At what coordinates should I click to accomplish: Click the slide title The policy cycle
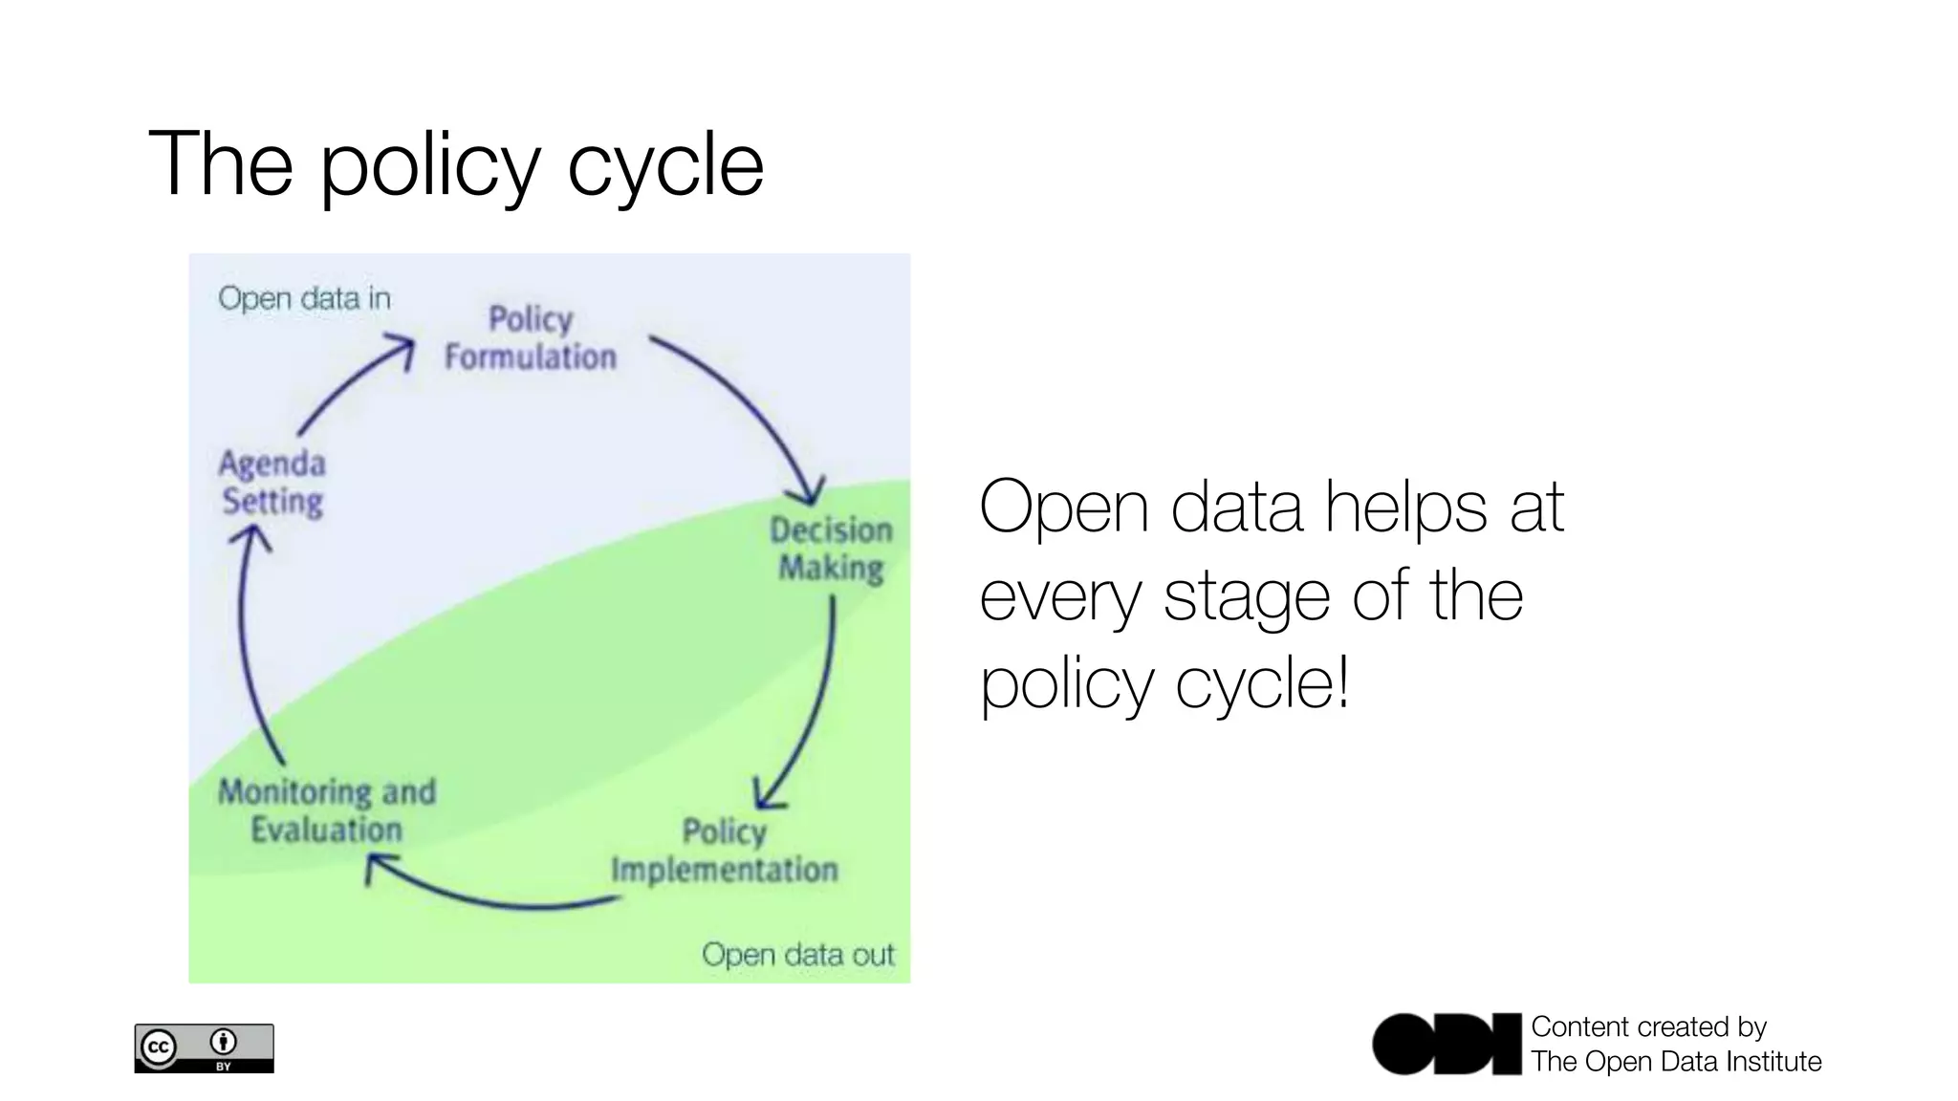(456, 164)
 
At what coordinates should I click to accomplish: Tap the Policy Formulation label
(531, 337)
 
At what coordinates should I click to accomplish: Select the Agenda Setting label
(272, 483)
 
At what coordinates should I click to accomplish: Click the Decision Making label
(831, 549)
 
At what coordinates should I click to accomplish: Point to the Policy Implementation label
(724, 850)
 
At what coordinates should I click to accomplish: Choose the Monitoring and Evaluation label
(327, 810)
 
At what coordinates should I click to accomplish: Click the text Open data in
(304, 298)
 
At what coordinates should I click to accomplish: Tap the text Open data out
(797, 954)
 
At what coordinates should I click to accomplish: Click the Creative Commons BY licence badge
(204, 1048)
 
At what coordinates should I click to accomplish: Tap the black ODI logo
(1446, 1044)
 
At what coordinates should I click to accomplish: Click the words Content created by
(1648, 1026)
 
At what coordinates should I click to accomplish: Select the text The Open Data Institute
(1675, 1062)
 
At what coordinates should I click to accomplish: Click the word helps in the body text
(1405, 507)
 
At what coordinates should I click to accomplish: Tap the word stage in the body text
(1247, 596)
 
